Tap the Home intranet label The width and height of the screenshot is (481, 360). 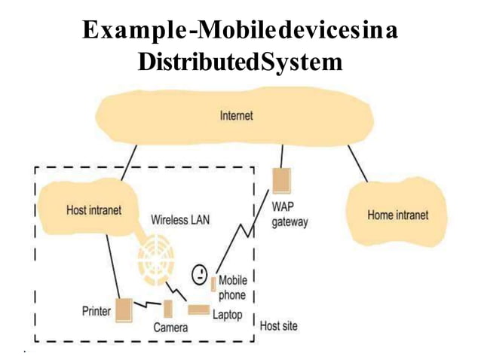[x=397, y=215]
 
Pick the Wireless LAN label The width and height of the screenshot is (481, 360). [x=180, y=220]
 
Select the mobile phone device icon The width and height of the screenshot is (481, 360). [x=213, y=284]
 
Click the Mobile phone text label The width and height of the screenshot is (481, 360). [x=231, y=288]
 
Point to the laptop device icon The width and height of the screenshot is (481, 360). [x=199, y=310]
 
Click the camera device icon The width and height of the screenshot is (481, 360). [x=168, y=308]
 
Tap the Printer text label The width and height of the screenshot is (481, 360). [x=97, y=310]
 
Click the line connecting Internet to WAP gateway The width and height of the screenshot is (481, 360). [x=281, y=156]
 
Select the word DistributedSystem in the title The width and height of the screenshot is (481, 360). [x=240, y=63]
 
